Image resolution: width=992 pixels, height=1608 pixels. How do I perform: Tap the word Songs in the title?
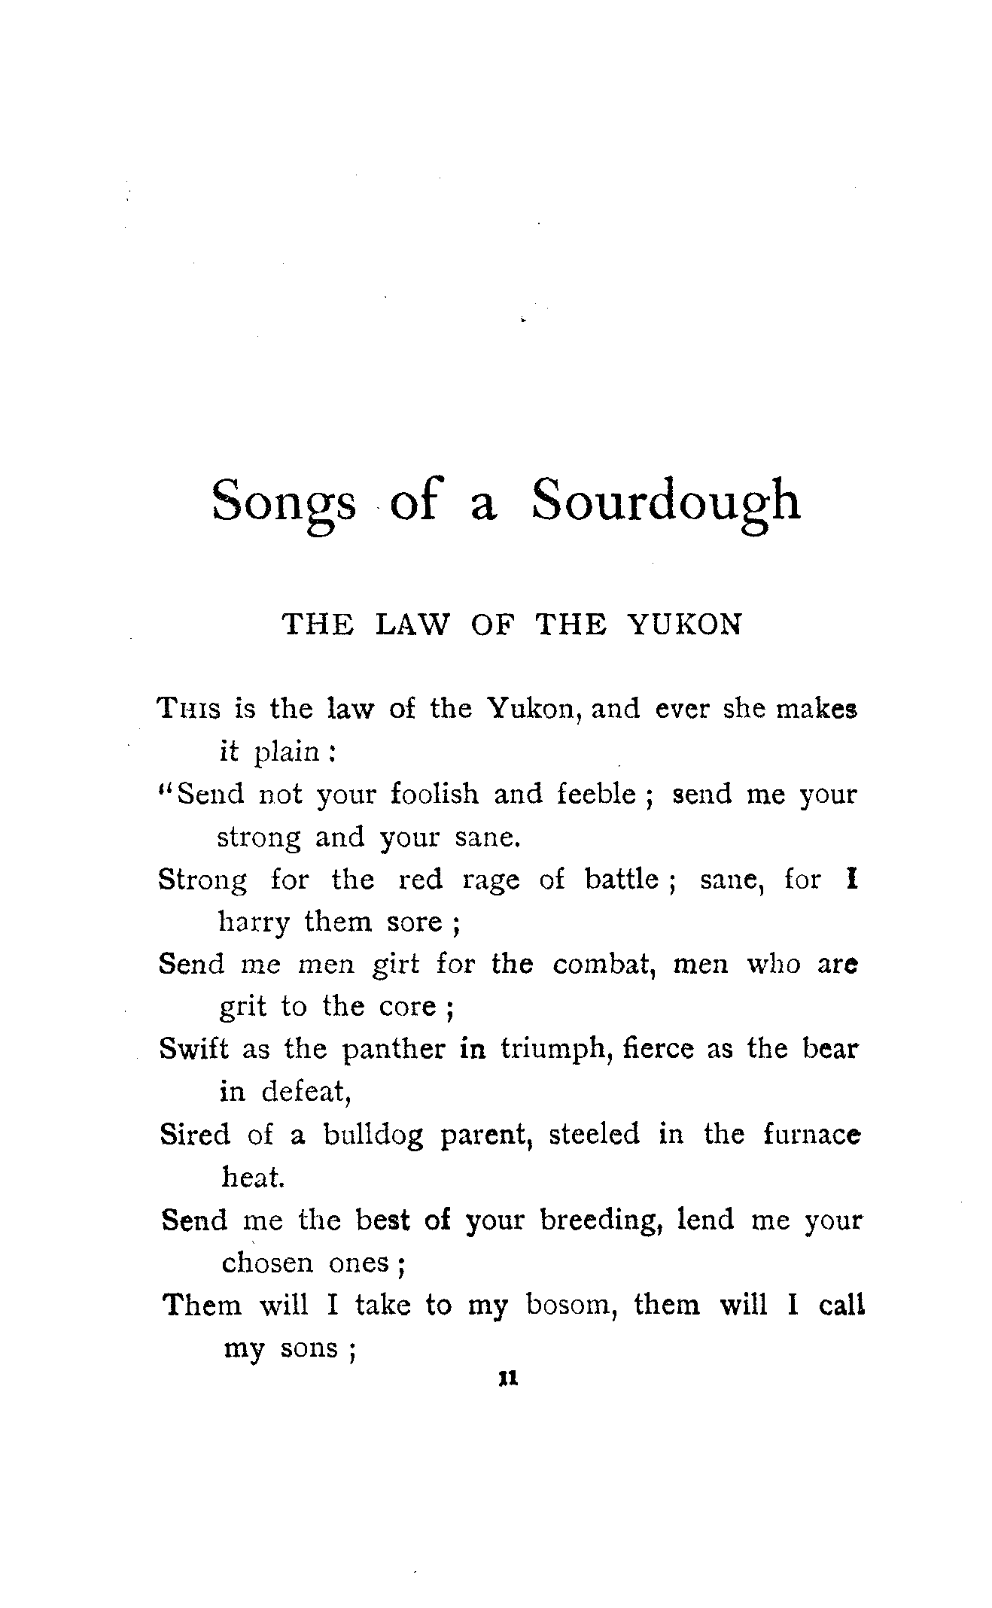point(284,503)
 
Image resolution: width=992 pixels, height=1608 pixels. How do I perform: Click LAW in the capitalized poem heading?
point(411,625)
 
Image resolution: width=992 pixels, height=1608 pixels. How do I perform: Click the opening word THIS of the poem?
point(188,709)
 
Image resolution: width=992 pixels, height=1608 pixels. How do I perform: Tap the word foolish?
point(434,794)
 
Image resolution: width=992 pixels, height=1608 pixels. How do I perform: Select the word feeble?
point(596,794)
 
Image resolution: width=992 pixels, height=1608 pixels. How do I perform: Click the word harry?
point(254,922)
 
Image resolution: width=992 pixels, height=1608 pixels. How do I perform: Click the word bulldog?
point(373,1135)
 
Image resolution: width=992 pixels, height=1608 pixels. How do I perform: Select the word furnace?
point(811,1134)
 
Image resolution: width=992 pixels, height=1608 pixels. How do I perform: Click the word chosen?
point(267,1262)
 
